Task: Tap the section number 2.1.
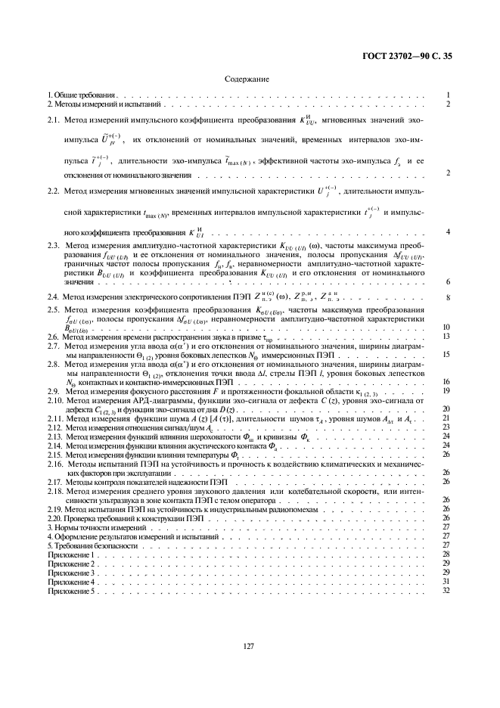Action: [x=54, y=120]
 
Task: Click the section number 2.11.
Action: [x=55, y=418]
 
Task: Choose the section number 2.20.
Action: [x=55, y=517]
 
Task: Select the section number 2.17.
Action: [x=55, y=481]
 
